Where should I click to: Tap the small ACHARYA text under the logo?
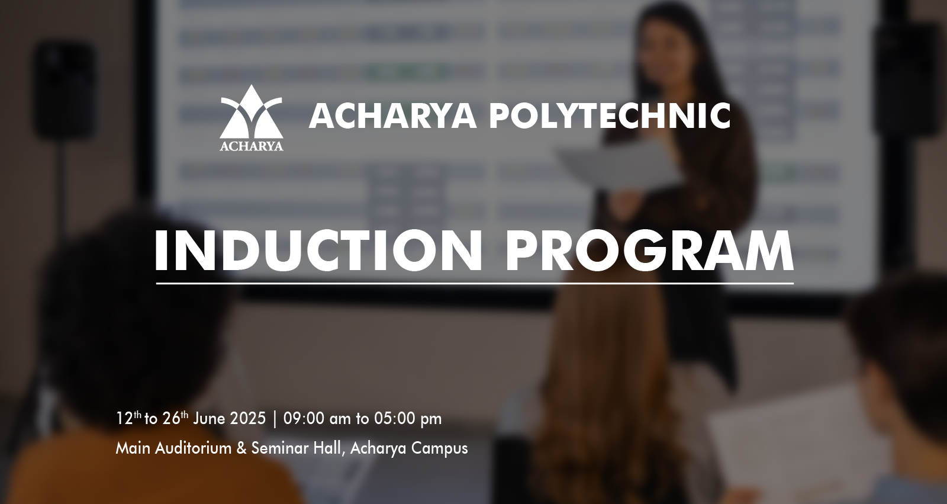click(252, 146)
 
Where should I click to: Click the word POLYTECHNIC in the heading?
click(610, 115)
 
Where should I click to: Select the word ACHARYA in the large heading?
click(392, 115)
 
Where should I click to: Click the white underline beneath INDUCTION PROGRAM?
click(475, 283)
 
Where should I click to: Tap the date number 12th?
click(128, 418)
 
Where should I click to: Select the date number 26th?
click(175, 418)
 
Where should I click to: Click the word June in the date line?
click(210, 418)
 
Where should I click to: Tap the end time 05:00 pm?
click(408, 419)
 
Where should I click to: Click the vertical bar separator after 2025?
click(275, 419)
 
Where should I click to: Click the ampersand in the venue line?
click(242, 448)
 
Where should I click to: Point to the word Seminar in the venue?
click(280, 448)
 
